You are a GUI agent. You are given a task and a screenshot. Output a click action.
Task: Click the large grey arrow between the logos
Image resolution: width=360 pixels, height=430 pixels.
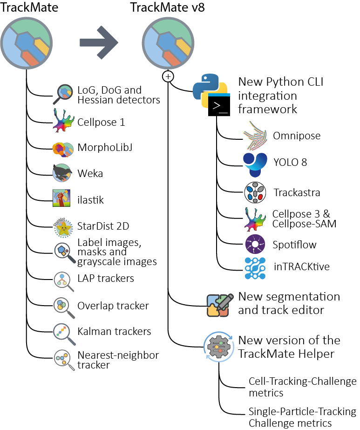pyautogui.click(x=99, y=42)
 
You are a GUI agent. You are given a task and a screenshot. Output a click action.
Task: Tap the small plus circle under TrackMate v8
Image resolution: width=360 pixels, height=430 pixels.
pyautogui.click(x=168, y=76)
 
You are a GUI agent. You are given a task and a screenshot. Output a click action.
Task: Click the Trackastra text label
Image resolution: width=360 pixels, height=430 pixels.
pyautogui.click(x=297, y=191)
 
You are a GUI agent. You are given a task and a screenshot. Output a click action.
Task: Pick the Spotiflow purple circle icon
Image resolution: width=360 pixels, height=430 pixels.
pyautogui.click(x=255, y=244)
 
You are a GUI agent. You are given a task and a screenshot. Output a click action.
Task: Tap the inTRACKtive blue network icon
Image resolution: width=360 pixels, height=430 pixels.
pyautogui.click(x=255, y=267)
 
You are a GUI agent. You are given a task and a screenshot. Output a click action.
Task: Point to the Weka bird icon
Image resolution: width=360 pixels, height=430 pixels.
pyautogui.click(x=62, y=173)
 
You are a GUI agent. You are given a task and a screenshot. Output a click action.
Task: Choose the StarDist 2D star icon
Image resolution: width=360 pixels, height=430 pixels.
pyautogui.click(x=62, y=227)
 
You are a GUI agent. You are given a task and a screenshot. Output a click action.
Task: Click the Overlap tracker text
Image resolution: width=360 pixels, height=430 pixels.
pyautogui.click(x=113, y=306)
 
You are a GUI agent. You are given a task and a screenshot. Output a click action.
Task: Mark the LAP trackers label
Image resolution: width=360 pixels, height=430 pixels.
pyautogui.click(x=106, y=279)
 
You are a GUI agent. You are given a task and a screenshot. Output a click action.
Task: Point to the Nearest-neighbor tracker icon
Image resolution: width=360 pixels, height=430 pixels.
pyautogui.click(x=63, y=360)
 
